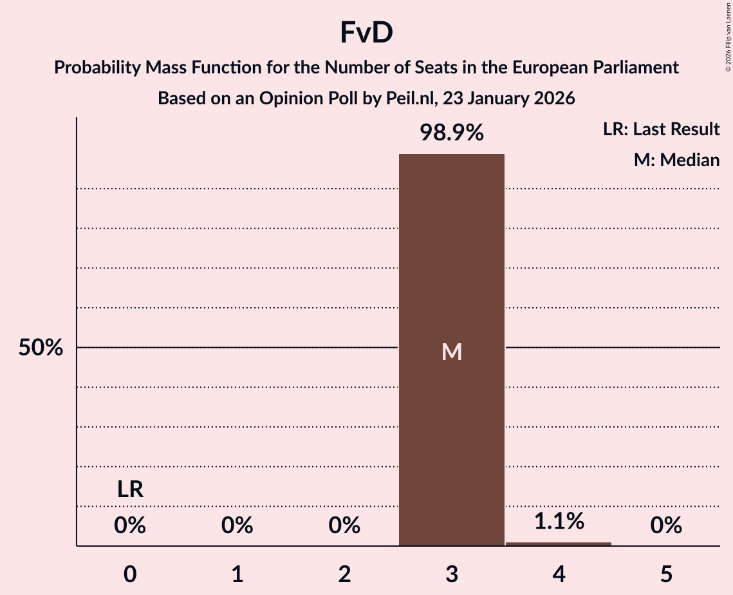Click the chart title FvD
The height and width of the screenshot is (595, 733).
pos(366,33)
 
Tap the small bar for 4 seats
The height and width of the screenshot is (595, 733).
pos(559,543)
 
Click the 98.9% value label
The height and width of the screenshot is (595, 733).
pos(451,133)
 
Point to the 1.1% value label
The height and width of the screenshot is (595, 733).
pos(559,521)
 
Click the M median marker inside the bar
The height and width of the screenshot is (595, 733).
pos(451,352)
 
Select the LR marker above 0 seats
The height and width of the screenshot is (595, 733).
pos(130,490)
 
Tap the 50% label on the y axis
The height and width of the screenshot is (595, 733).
pos(41,348)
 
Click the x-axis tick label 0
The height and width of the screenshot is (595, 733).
pos(130,574)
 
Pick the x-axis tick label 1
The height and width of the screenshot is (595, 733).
pos(237,574)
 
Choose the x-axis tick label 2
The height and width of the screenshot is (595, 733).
pos(344,574)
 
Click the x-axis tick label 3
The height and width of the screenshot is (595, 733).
pos(451,574)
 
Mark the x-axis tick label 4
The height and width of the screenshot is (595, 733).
pos(559,574)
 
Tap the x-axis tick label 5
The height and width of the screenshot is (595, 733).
pos(665,574)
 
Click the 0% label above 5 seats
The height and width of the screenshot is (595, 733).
pos(665,526)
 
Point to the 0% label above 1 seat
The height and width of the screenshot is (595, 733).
pos(237,526)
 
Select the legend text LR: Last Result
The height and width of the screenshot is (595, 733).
pos(661,129)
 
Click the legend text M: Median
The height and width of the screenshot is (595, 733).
pos(676,160)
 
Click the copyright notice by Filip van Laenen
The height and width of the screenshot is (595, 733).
pos(727,35)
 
